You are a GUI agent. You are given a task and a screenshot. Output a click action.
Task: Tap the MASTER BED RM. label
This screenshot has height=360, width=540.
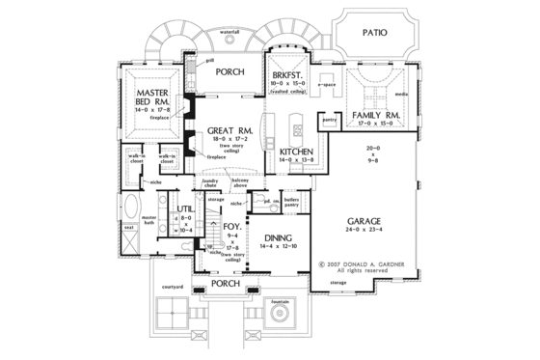[147, 97]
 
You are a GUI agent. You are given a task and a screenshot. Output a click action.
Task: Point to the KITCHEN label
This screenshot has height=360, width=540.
[295, 152]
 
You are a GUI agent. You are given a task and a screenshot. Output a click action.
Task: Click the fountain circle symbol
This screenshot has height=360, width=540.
[279, 318]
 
